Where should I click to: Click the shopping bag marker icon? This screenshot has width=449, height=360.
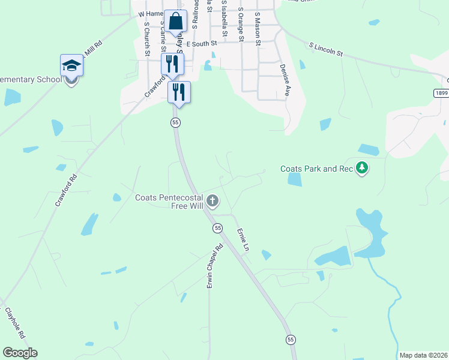(x=175, y=22)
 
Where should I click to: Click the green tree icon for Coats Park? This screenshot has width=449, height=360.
(x=361, y=168)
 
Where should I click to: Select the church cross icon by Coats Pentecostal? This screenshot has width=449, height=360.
(x=212, y=200)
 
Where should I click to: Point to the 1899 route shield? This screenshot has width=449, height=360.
(x=441, y=94)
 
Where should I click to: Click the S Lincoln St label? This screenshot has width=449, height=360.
(x=326, y=49)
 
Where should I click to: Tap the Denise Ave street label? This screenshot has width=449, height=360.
(x=285, y=81)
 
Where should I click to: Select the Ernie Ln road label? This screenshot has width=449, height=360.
(x=243, y=239)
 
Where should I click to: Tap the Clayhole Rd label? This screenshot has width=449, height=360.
(x=14, y=322)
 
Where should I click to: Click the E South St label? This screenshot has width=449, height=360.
(x=200, y=44)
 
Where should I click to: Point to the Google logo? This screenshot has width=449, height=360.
(x=20, y=353)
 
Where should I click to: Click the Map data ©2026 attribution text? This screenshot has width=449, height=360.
(x=423, y=355)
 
